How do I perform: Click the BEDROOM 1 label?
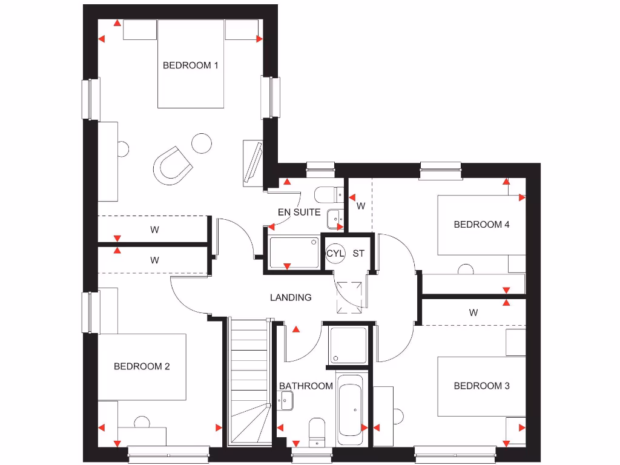pos(190,65)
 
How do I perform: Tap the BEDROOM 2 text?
pos(142,366)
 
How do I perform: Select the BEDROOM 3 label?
pos(481,386)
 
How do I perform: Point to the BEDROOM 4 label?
pos(481,225)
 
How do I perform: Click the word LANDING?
pos(291,297)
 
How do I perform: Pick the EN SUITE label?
pos(299,213)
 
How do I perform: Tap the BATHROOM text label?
pos(306,386)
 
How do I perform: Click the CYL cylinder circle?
pos(335,253)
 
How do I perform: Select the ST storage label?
pos(358,253)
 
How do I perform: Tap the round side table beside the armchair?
pos(201,143)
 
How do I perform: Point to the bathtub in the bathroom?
pos(350,406)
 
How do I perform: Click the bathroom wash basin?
pos(285,400)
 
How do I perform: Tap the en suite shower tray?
pos(293,252)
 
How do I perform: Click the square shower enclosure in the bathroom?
pos(348,346)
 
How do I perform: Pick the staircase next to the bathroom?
pos(248,381)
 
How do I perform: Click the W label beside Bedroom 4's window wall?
pos(361,206)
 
